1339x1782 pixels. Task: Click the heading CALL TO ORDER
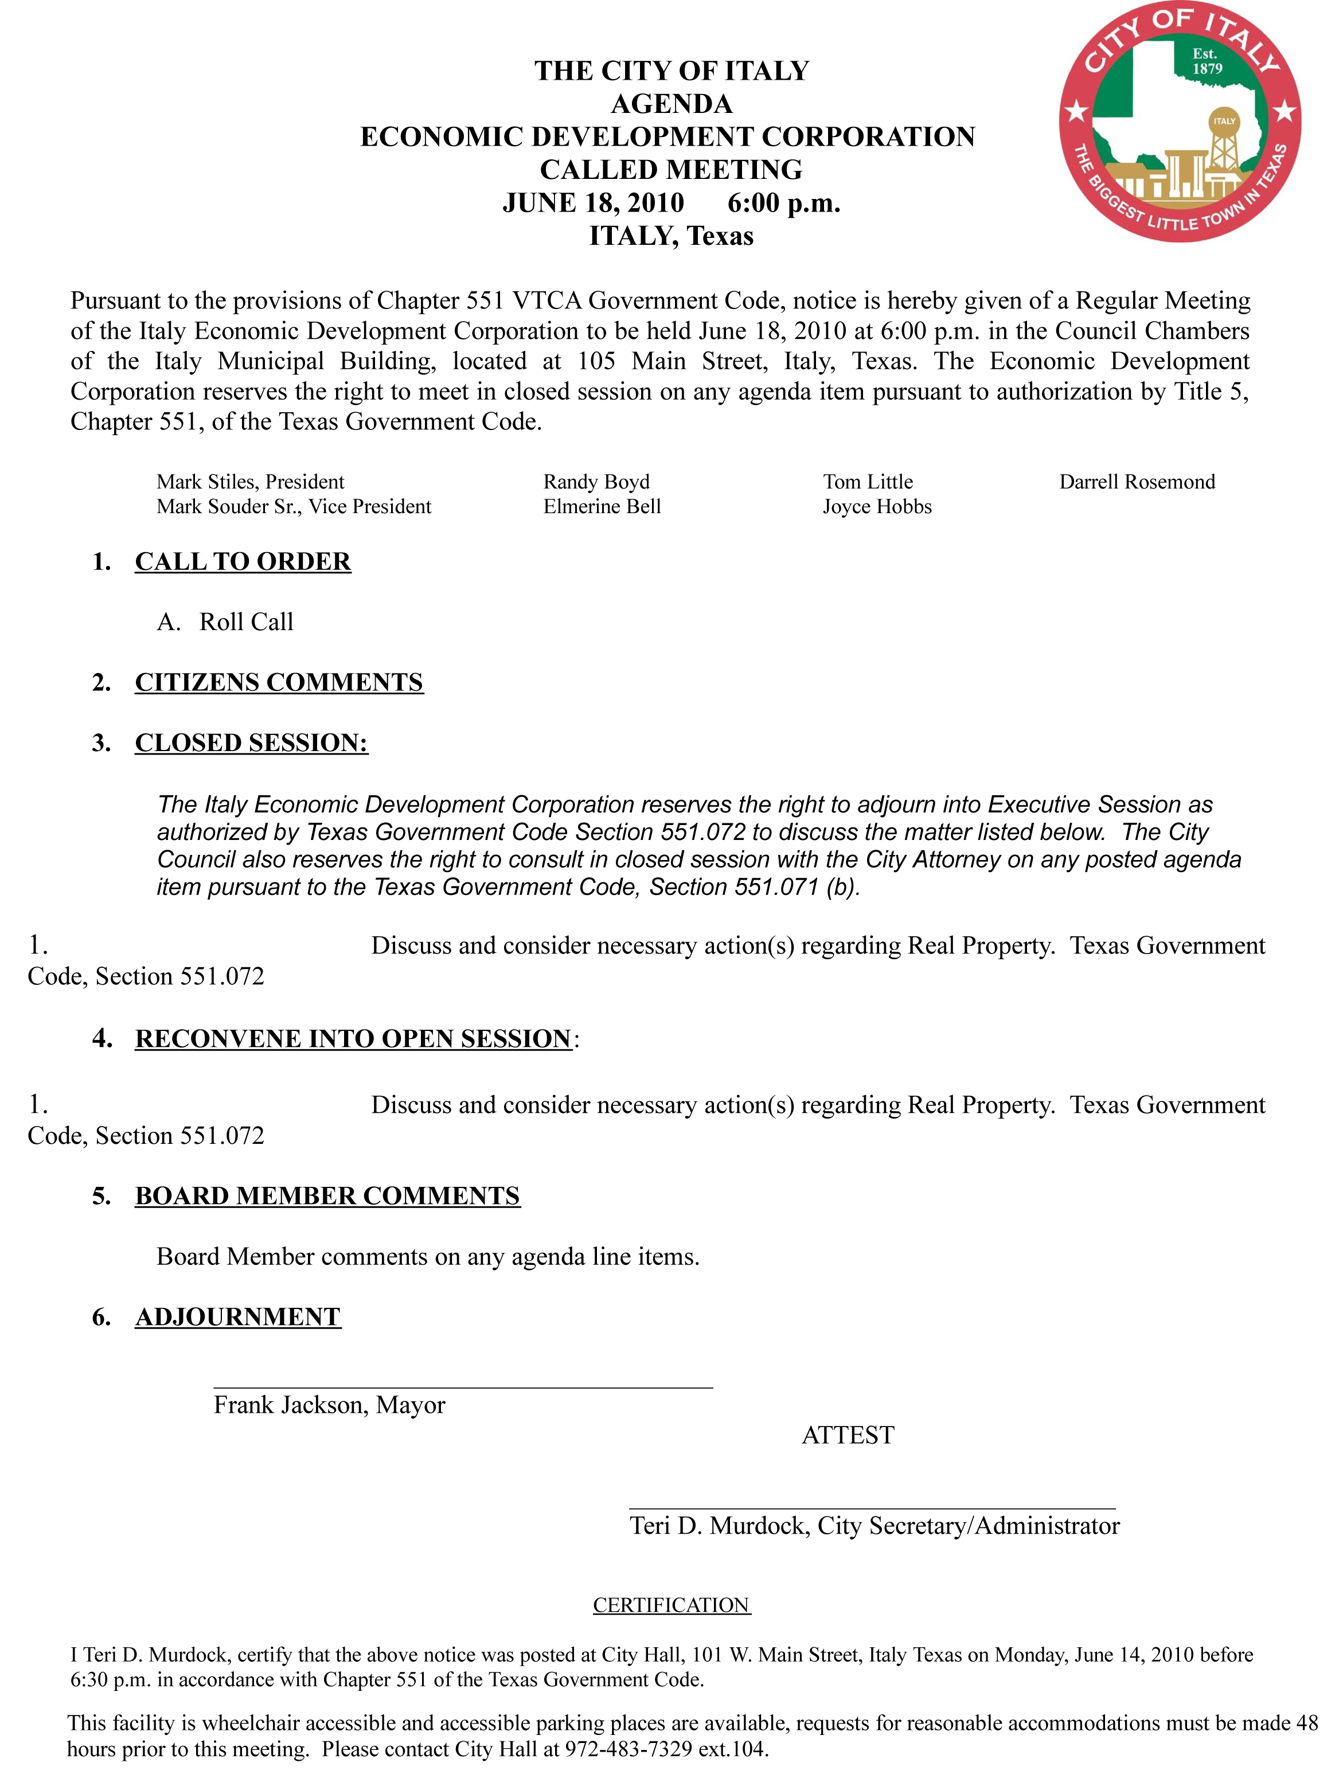click(x=243, y=561)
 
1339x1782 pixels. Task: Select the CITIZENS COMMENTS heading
click(x=279, y=682)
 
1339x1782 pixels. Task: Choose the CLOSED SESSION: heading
click(x=251, y=742)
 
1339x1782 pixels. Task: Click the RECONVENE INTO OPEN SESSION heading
click(x=353, y=1038)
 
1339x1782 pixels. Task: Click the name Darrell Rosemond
click(x=1137, y=482)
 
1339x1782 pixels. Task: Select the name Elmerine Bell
click(x=602, y=507)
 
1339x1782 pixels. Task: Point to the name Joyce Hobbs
click(x=877, y=507)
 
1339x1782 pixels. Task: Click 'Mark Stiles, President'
click(x=250, y=482)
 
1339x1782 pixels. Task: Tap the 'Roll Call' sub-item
click(x=246, y=622)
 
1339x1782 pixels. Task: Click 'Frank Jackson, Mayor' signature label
click(x=329, y=1405)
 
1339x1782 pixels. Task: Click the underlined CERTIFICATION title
click(x=671, y=1605)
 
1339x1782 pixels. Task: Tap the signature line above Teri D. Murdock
click(x=872, y=1508)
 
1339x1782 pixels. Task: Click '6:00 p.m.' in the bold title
click(x=783, y=203)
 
